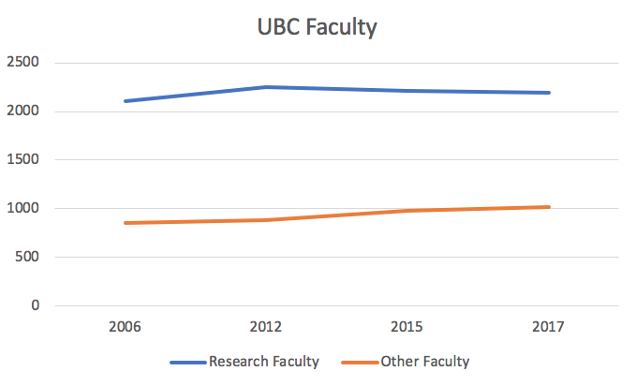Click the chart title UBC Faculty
pos(317,28)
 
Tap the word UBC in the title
pos(278,28)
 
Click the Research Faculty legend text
pos(264,362)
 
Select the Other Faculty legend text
pos(425,362)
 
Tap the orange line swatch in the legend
pos(360,362)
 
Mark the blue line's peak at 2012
pos(266,87)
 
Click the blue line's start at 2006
pos(125,101)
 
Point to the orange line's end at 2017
pos(549,207)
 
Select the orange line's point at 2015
pos(407,211)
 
